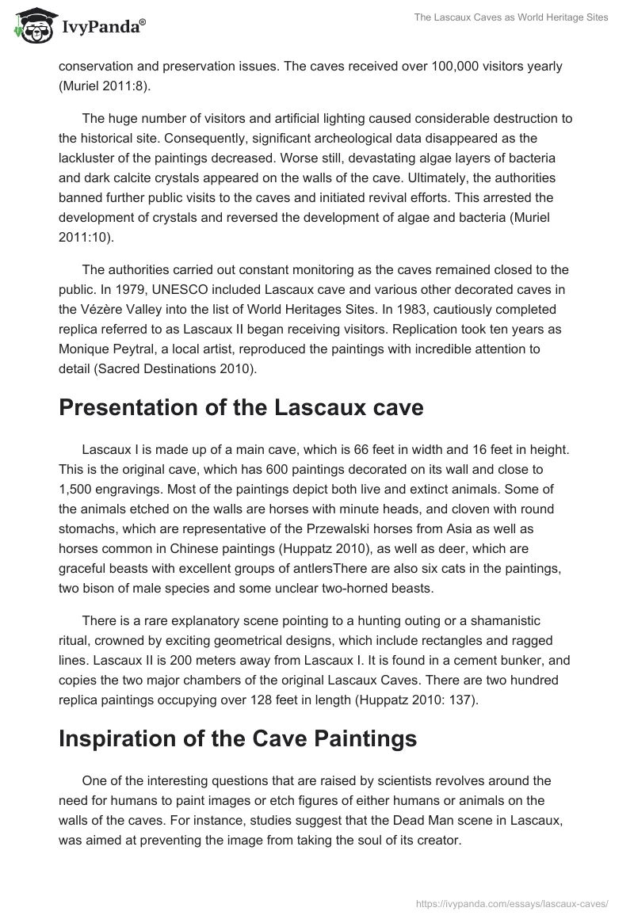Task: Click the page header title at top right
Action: [512, 18]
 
